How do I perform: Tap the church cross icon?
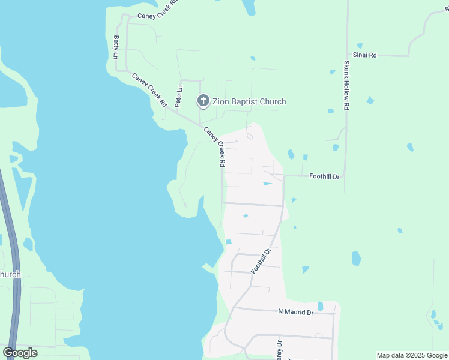tap(203, 101)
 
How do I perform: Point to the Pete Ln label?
tap(179, 97)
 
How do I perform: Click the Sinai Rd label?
tap(364, 55)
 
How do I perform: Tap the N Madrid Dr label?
tap(296, 312)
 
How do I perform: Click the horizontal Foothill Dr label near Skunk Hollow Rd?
tap(324, 176)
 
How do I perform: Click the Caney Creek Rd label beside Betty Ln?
tap(149, 89)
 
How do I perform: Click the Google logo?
tap(20, 353)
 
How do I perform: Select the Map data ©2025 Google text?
tap(412, 355)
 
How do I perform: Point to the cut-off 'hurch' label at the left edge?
tap(10, 274)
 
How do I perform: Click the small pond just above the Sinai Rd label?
tap(360, 45)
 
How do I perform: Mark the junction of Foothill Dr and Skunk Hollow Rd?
tap(345, 176)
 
